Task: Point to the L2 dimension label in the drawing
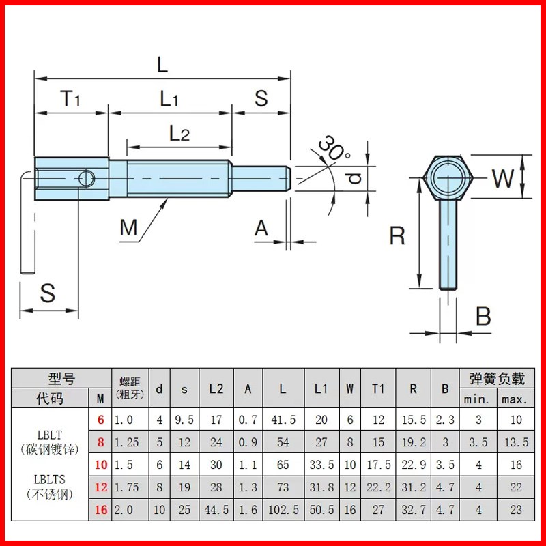[x=179, y=133]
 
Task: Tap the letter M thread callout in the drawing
[x=129, y=227]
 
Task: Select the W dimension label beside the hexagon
[x=503, y=179]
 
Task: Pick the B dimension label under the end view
[x=483, y=316]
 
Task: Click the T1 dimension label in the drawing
[x=70, y=99]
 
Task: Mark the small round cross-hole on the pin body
[x=85, y=179]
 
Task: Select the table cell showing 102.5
[x=283, y=508]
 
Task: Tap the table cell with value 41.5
[x=283, y=420]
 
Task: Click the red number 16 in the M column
[x=100, y=508]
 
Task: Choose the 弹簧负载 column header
[x=496, y=378]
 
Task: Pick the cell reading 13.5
[x=516, y=442]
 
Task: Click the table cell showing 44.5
[x=216, y=508]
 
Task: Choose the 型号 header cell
[x=61, y=378]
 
